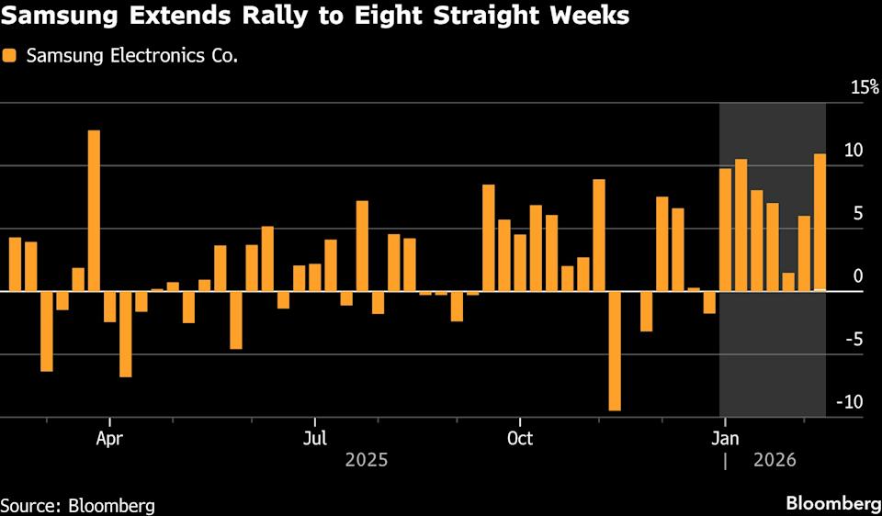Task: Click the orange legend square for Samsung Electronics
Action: tap(10, 56)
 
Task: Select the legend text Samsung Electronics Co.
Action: tap(132, 56)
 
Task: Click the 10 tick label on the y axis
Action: tap(854, 151)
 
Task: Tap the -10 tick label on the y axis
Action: tap(851, 402)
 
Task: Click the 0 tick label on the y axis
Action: tap(858, 276)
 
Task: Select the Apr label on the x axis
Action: tap(109, 438)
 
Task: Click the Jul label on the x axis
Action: tap(315, 438)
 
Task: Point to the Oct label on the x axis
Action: tap(520, 438)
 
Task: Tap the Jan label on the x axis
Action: tap(726, 438)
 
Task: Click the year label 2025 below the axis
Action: tap(366, 460)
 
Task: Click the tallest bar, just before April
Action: tap(94, 210)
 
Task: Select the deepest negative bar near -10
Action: tap(615, 351)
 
